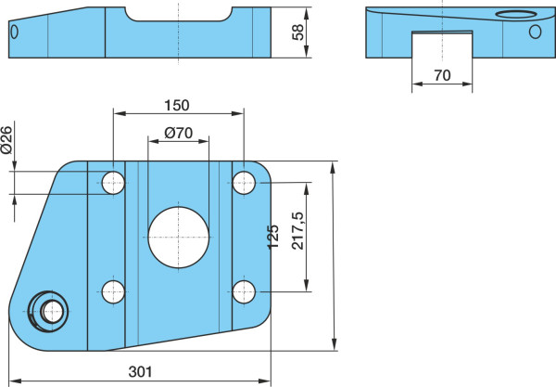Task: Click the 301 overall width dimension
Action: pyautogui.click(x=140, y=372)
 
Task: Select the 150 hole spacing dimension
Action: pyautogui.click(x=177, y=106)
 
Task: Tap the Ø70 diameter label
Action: pyautogui.click(x=178, y=133)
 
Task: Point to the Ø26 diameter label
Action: pyautogui.click(x=6, y=140)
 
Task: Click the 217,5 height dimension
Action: pyautogui.click(x=297, y=231)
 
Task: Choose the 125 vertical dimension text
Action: pyautogui.click(x=272, y=237)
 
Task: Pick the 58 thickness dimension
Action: pyautogui.click(x=297, y=32)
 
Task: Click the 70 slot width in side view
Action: pyautogui.click(x=442, y=75)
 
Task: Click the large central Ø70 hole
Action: pyautogui.click(x=178, y=238)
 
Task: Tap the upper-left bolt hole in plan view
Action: pyautogui.click(x=113, y=183)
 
